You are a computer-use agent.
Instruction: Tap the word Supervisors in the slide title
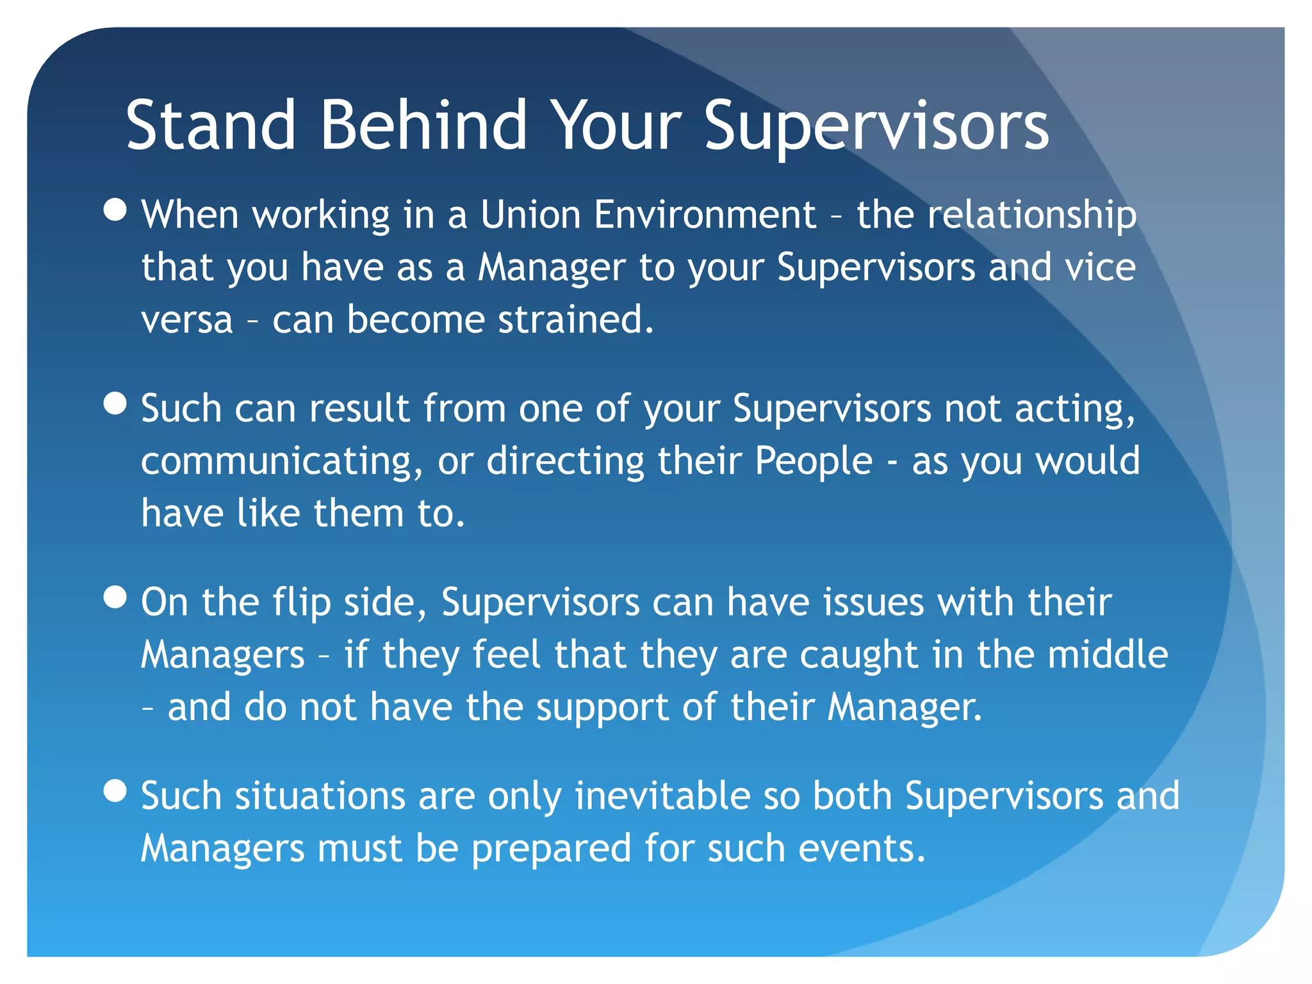coord(876,126)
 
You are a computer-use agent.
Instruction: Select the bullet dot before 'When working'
coord(115,209)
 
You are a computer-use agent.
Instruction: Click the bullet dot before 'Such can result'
coord(115,404)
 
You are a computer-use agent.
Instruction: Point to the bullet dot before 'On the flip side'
coord(115,597)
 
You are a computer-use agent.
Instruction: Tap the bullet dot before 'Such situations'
coord(115,791)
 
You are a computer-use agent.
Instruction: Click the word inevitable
coord(662,796)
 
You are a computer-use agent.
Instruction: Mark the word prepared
coord(552,849)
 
